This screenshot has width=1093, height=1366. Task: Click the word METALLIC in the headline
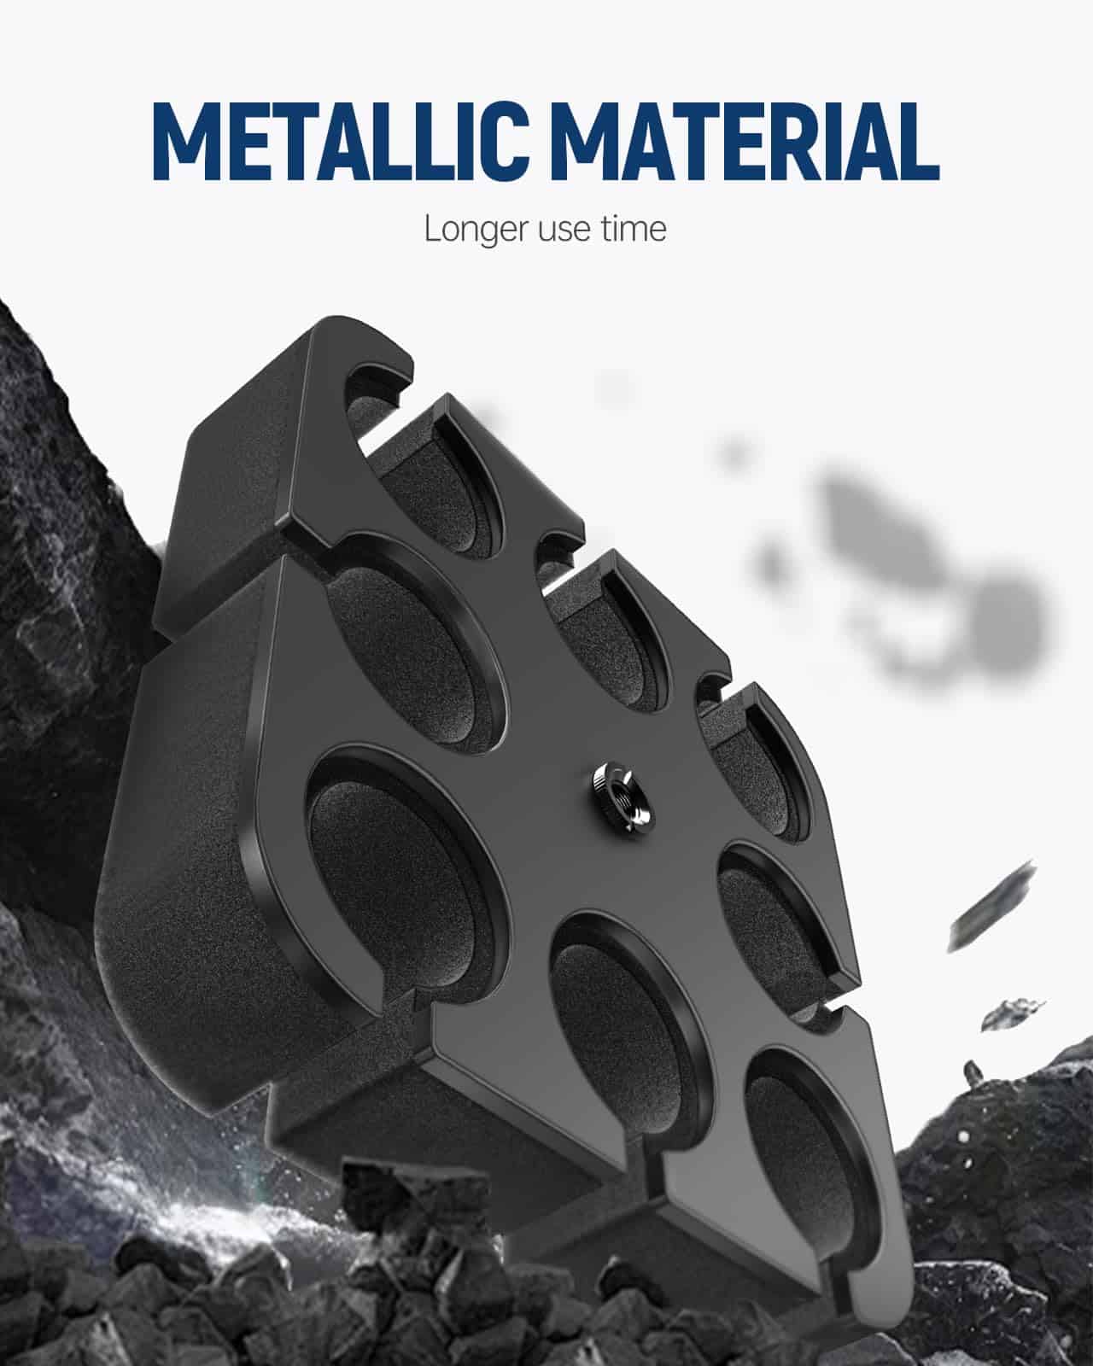pos(339,141)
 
